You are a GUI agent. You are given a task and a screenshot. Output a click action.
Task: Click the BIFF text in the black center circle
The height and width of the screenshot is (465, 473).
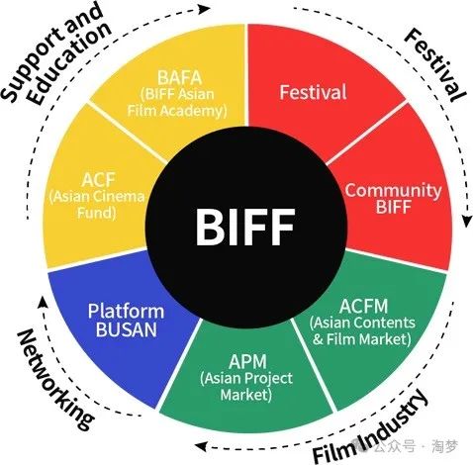244,227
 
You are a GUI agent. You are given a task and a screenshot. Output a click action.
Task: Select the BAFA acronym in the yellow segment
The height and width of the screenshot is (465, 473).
179,78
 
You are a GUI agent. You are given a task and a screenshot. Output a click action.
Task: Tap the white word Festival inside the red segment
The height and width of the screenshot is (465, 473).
313,92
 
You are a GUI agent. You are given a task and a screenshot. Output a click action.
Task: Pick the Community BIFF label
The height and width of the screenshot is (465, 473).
393,199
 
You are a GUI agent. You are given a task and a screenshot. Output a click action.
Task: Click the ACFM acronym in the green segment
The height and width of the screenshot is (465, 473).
363,306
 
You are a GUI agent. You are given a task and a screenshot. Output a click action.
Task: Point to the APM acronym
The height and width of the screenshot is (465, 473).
247,361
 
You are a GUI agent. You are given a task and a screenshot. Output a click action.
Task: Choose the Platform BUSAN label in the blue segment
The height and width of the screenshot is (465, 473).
126,321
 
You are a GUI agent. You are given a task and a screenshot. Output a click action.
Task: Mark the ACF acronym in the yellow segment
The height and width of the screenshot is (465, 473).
98,180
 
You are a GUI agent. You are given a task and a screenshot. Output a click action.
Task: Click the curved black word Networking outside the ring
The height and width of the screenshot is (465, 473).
54,379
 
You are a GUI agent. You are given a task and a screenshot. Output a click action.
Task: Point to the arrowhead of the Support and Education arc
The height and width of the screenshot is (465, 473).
205,9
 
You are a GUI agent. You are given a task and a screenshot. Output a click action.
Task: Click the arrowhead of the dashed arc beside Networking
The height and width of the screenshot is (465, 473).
42,302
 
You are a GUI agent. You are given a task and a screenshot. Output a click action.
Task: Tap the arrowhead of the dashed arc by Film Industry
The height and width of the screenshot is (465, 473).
201,447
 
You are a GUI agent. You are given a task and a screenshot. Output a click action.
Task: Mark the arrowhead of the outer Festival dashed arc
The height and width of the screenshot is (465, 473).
467,221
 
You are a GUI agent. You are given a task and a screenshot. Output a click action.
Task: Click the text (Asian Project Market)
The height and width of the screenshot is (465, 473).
246,386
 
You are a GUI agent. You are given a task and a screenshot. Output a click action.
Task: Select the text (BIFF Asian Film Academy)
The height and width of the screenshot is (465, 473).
177,103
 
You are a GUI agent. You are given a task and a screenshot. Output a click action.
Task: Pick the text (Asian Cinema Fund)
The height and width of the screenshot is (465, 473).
97,205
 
